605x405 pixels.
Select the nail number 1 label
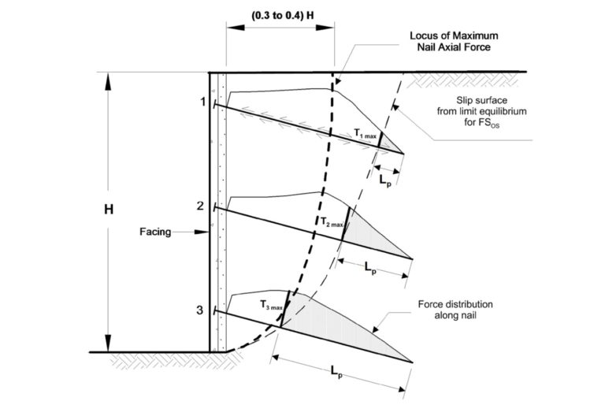pos(202,102)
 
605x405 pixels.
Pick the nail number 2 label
pos(200,206)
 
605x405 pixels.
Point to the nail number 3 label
pos(200,310)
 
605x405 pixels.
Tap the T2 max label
pos(330,223)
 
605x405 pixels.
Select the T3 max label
pos(270,304)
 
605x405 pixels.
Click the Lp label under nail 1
pos(386,180)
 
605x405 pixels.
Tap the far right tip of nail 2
pos(412,258)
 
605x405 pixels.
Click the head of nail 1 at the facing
pos(213,103)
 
